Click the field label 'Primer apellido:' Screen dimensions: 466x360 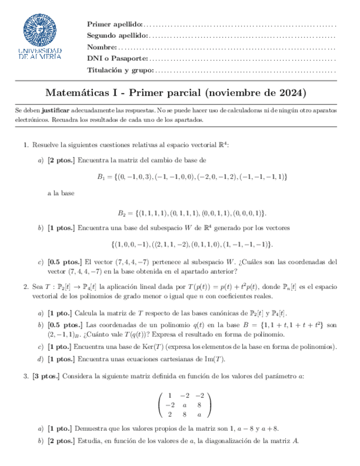[114, 25]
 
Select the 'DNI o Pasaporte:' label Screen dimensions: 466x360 [117, 59]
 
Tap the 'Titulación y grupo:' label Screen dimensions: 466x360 [120, 70]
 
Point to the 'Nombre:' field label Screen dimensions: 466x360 [102, 47]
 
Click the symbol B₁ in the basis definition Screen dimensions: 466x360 [101, 177]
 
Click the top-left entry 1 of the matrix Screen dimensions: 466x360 [170, 395]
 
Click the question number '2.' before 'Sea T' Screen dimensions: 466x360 [26, 286]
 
